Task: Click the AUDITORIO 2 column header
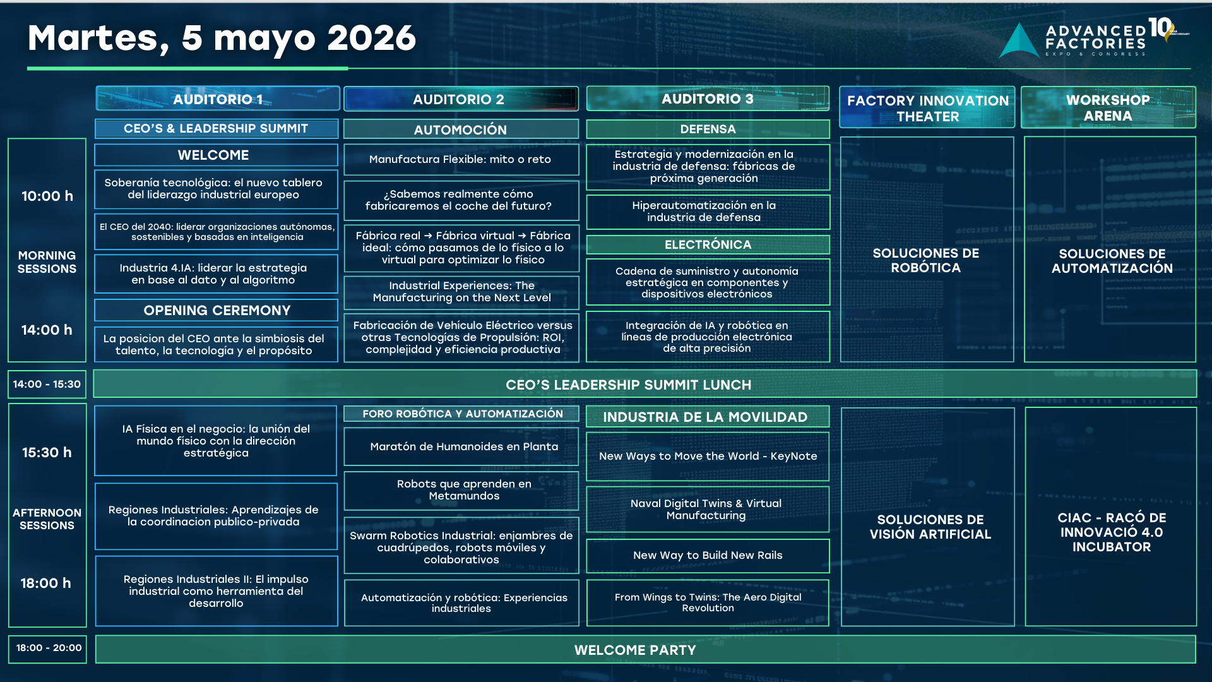pos(461,99)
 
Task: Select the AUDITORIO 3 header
pos(708,99)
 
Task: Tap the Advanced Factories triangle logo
pos(1019,41)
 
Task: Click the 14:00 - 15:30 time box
pos(47,384)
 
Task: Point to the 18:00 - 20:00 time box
pos(48,649)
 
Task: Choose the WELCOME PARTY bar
pos(645,650)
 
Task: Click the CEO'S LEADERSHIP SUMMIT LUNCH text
pos(628,385)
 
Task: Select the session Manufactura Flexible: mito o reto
pos(461,160)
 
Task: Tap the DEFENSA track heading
pos(708,129)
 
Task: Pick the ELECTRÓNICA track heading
pos(708,244)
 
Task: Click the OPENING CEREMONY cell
pos(217,310)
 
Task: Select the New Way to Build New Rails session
pos(708,556)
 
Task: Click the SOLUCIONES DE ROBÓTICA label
pos(926,260)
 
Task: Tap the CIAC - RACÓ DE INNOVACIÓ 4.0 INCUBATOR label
pos(1112,532)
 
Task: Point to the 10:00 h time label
pos(47,196)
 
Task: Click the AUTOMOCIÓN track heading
pos(461,129)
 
